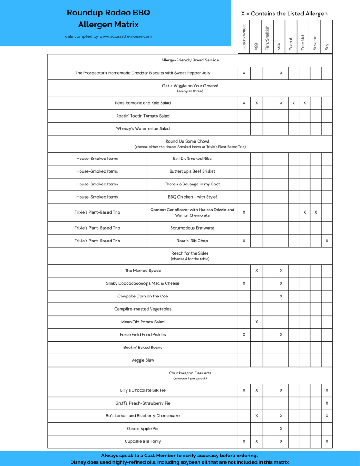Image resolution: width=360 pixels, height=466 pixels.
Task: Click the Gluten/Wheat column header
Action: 244,37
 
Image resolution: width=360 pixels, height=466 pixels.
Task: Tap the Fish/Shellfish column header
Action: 268,37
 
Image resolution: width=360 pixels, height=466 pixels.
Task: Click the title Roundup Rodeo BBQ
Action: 108,13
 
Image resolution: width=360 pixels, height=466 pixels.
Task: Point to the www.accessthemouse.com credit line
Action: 108,36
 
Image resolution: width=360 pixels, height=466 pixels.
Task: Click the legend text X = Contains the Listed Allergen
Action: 284,14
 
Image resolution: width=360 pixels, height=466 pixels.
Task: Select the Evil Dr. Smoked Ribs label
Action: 192,159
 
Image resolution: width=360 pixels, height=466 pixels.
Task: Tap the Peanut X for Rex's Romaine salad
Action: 294,103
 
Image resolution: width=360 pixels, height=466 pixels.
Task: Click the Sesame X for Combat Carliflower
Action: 316,212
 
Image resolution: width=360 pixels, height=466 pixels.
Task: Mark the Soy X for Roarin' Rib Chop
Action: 327,241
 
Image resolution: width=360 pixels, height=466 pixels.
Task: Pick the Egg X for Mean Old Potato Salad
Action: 257,322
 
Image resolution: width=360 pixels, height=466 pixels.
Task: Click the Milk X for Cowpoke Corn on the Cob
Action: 281,296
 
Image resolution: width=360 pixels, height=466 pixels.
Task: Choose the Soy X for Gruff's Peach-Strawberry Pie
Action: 327,403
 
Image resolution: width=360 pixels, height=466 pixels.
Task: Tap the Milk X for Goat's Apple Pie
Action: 281,429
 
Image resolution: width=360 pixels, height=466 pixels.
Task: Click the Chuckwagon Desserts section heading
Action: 190,373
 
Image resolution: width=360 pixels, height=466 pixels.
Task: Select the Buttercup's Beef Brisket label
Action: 192,171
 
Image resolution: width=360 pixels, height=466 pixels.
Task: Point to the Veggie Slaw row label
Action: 143,360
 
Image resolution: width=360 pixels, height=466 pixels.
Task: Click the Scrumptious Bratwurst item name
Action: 192,228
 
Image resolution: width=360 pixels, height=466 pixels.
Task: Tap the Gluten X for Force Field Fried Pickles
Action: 244,334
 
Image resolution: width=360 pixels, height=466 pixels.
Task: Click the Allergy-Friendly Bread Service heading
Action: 190,60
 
